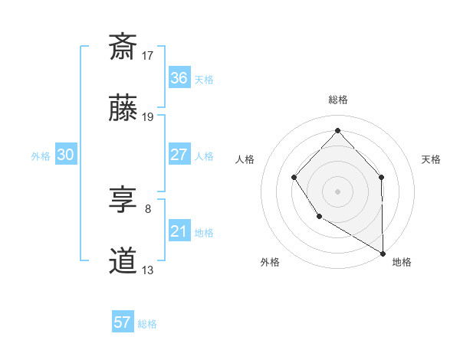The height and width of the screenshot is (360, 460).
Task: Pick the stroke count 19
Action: [x=149, y=117]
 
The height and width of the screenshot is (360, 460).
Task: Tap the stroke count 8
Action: [x=148, y=208]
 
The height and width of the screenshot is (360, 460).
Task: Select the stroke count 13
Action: [x=149, y=270]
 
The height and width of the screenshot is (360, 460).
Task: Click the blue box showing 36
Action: [x=179, y=78]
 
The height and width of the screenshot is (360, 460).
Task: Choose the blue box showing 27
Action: [x=179, y=155]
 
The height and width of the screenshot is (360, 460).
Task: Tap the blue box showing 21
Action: [x=179, y=231]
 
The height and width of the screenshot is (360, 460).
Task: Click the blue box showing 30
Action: [x=65, y=155]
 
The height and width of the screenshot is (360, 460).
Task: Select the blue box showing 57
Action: [x=123, y=322]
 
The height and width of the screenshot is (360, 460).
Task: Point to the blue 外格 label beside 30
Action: [x=41, y=156]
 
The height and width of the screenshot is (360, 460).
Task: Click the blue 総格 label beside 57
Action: [x=147, y=324]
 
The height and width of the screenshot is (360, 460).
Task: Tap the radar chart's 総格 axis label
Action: [x=337, y=100]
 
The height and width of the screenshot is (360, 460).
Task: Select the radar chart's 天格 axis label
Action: [x=431, y=159]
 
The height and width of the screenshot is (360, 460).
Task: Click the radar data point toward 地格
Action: [x=383, y=253]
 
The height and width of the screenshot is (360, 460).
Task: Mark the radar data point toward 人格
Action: [x=294, y=178]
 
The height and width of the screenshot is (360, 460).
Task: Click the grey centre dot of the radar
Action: [x=337, y=191]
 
